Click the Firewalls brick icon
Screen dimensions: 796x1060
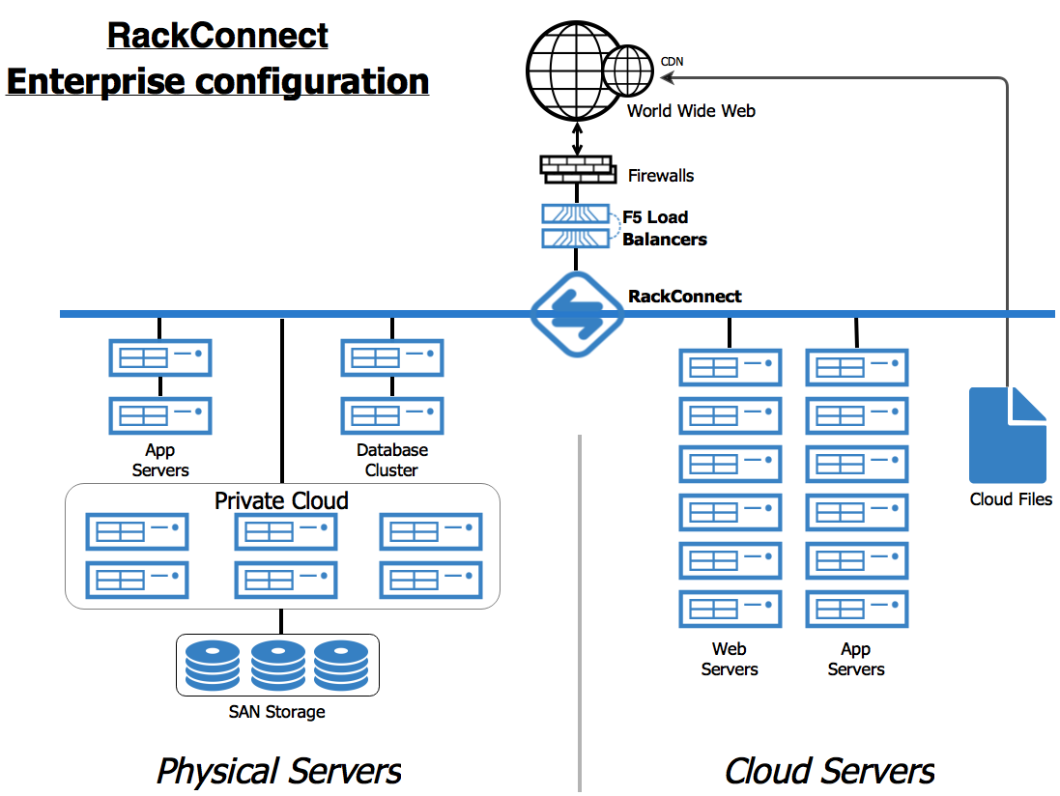577,168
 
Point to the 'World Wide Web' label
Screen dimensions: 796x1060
691,111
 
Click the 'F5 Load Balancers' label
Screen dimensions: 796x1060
664,228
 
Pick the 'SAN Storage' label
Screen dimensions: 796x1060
276,712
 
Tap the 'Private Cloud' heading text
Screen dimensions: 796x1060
281,500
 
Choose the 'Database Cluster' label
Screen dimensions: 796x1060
391,460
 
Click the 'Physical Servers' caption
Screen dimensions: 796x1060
278,771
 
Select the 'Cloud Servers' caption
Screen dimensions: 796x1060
829,771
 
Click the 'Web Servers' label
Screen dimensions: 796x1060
730,659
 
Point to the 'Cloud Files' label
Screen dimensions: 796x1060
1011,499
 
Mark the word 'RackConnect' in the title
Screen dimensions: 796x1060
217,36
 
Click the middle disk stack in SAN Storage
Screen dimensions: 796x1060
277,664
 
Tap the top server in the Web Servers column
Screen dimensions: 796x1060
731,367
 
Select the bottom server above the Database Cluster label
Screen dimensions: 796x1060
391,415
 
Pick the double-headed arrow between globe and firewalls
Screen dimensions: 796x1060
578,137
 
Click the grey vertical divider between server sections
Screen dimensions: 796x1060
580,609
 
